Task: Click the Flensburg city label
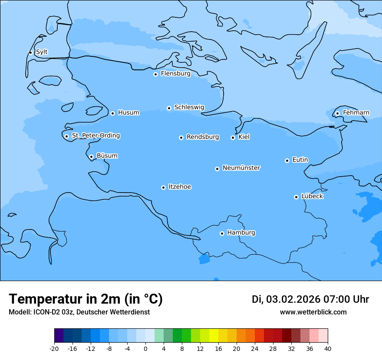(175, 74)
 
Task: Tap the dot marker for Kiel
(233, 137)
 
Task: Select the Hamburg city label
(241, 233)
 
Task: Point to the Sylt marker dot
(30, 52)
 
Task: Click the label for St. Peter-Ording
(95, 136)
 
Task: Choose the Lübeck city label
(312, 196)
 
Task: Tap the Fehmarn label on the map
(356, 113)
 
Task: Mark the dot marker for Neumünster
(217, 169)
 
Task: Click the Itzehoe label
(180, 187)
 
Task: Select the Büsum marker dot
(91, 157)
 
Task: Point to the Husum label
(128, 113)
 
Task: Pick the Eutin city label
(300, 160)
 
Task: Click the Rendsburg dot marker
(181, 137)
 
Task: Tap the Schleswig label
(189, 108)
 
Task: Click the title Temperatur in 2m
(86, 299)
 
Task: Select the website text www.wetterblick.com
(313, 312)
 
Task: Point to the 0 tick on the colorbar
(145, 348)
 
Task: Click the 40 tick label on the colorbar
(328, 348)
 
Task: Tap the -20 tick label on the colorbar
(54, 348)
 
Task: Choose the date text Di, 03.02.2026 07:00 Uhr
(310, 299)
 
